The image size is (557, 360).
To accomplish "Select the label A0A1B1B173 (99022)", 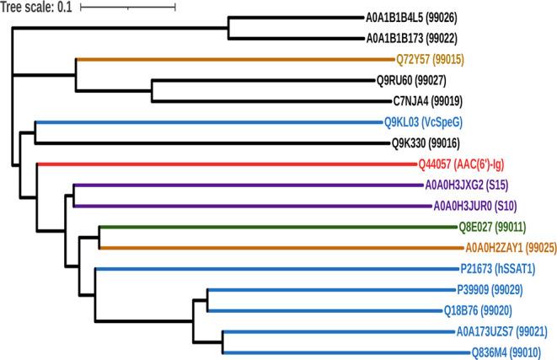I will (x=418, y=39).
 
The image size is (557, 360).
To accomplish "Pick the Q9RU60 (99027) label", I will (x=417, y=81).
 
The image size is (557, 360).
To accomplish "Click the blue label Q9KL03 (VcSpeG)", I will (x=426, y=122).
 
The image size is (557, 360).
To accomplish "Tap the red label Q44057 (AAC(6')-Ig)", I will (x=468, y=164).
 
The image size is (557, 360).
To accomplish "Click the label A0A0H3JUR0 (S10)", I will (x=474, y=206).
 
